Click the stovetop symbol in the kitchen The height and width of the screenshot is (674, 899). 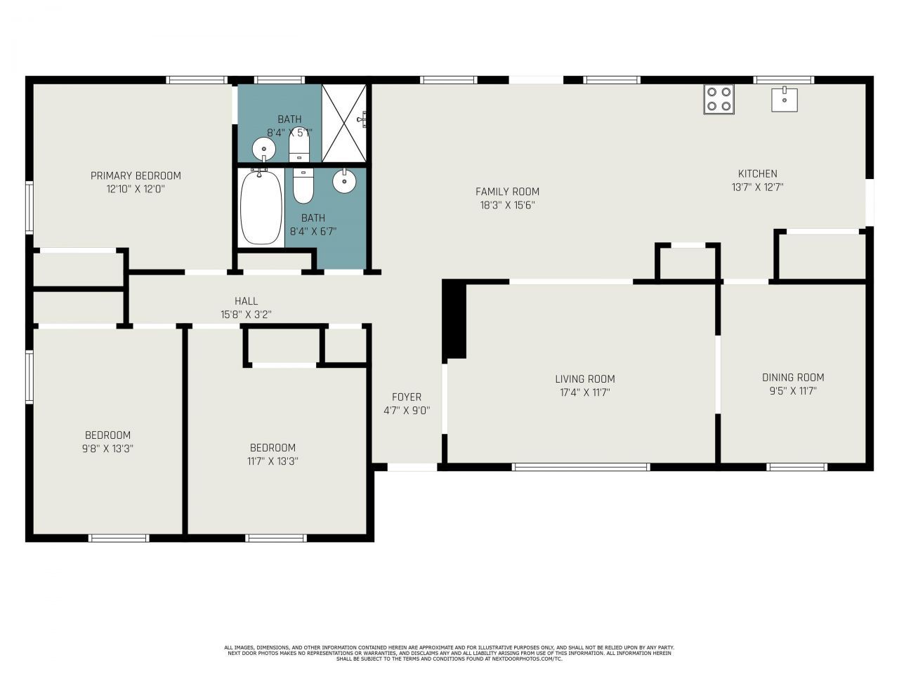coord(718,99)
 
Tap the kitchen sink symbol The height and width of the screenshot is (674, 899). coord(784,99)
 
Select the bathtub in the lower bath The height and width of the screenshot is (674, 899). coord(261,206)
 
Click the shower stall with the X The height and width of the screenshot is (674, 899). coord(344,123)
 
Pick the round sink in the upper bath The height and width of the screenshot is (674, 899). coord(264,149)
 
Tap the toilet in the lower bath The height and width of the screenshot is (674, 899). coord(303,186)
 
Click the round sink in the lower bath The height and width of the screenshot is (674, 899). coord(344,181)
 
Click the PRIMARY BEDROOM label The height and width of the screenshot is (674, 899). coord(136,176)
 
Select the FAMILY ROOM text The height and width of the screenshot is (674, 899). coord(507,192)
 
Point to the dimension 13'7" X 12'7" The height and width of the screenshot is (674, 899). coord(757,187)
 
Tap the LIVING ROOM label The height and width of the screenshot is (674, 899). coord(584,379)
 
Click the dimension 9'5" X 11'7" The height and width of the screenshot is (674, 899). coord(793,391)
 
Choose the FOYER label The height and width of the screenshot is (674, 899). coord(407,397)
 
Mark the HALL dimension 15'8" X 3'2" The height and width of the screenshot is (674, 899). coord(246,315)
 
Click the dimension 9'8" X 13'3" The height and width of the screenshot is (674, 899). coord(107,449)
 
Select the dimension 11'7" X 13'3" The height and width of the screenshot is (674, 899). coord(273,461)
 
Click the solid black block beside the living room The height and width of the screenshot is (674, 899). coord(455,319)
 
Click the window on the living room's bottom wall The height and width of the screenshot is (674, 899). coord(581,466)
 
